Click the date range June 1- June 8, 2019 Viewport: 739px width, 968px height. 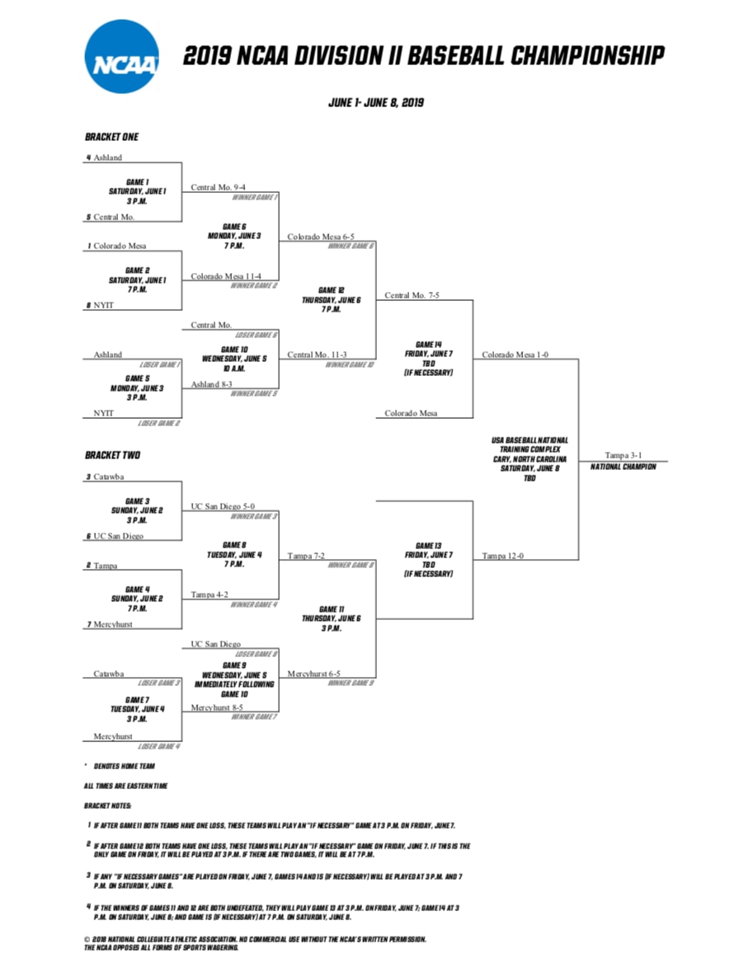[x=376, y=103]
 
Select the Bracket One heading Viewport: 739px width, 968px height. [x=112, y=137]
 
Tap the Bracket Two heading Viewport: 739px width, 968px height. [x=112, y=455]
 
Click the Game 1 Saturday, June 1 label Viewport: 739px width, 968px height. [x=137, y=191]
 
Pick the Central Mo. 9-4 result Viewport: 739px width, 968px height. [x=218, y=187]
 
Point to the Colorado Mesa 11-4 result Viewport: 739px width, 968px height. [x=226, y=276]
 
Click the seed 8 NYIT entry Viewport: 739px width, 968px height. [x=101, y=305]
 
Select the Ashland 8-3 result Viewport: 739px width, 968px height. [x=216, y=384]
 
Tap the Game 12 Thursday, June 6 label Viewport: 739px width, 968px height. [x=328, y=300]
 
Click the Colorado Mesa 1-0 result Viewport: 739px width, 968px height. [x=515, y=355]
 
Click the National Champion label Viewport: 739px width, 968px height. [x=624, y=467]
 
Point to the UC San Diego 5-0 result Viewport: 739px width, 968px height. [x=223, y=506]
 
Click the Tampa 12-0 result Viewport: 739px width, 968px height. [x=504, y=556]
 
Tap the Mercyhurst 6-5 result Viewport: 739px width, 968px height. [x=313, y=674]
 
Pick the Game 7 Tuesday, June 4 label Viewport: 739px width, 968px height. [x=138, y=709]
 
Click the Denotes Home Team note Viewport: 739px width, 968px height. [x=123, y=766]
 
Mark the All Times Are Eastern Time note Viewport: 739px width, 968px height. [x=125, y=786]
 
